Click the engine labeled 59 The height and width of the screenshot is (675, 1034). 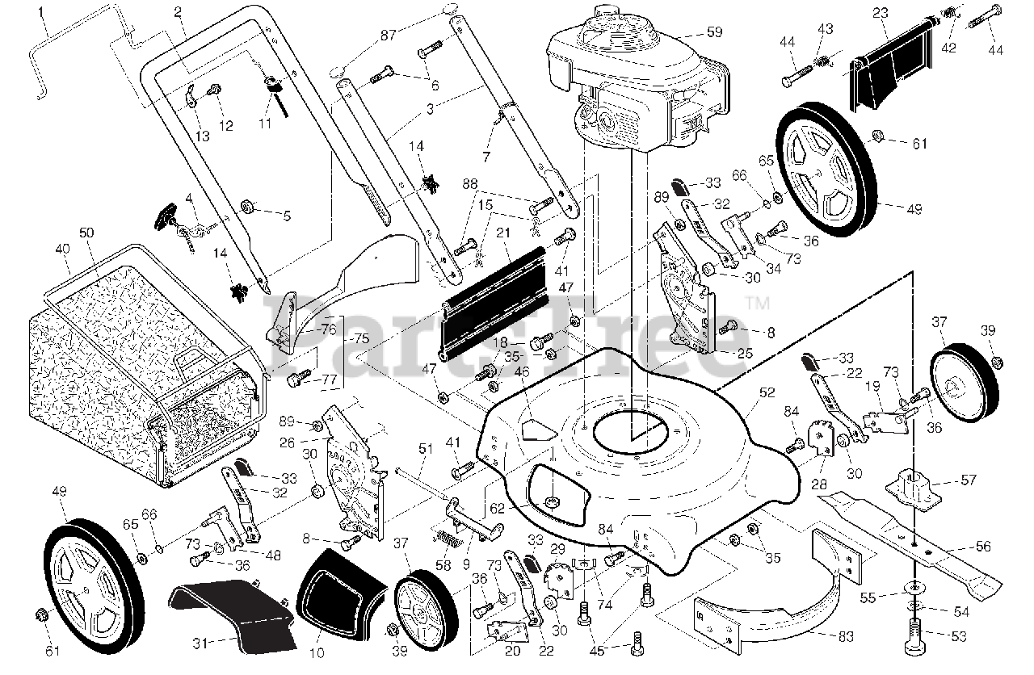pyautogui.click(x=638, y=81)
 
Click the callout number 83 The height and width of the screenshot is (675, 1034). pyautogui.click(x=846, y=638)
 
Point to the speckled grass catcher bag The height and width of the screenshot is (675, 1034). pyautogui.click(x=121, y=379)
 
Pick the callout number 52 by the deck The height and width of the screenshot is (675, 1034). pyautogui.click(x=767, y=393)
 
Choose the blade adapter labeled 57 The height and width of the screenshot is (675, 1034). pyautogui.click(x=918, y=485)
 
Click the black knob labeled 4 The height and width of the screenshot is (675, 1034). pyautogui.click(x=166, y=216)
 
